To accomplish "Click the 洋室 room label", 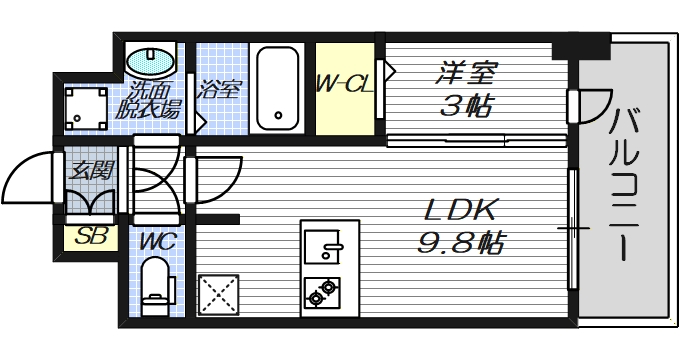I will click(x=467, y=73).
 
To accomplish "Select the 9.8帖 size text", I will click(x=461, y=243).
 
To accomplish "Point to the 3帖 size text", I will click(x=467, y=105).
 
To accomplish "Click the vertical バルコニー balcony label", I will click(x=626, y=184).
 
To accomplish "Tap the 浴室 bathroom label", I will click(x=219, y=88).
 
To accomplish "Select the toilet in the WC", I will click(x=156, y=283).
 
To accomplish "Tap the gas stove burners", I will click(x=323, y=292).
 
